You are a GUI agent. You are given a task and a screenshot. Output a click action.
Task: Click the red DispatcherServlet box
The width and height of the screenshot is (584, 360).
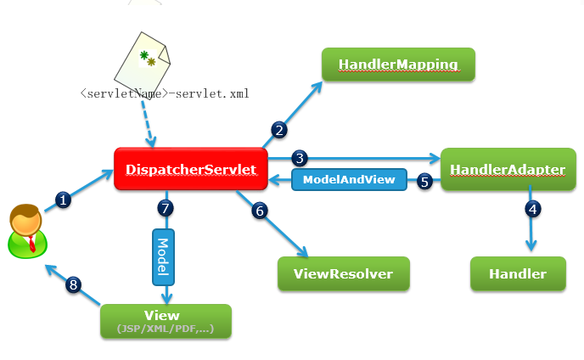(191, 169)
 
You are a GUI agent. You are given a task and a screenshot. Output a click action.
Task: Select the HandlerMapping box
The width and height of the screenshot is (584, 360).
(398, 64)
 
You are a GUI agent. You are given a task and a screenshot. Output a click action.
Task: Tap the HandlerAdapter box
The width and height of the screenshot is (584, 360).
(508, 169)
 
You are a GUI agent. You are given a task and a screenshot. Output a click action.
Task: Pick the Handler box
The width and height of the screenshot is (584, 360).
(518, 273)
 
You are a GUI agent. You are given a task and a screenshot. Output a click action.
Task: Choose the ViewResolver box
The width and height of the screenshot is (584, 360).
(344, 273)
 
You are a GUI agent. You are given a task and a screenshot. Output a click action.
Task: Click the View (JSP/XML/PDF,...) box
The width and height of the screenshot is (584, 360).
(166, 321)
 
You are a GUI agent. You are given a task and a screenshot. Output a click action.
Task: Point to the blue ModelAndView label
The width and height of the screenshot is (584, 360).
(349, 180)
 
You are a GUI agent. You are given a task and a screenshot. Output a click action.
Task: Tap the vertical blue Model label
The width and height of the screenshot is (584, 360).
(163, 257)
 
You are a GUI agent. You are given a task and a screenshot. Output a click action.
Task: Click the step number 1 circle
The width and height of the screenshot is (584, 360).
(63, 200)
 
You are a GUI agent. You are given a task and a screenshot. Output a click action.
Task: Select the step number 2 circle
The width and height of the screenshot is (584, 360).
(279, 130)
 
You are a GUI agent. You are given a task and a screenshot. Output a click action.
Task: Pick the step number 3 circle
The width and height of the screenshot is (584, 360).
(300, 158)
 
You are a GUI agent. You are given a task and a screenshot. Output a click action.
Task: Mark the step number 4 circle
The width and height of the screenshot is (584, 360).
(533, 209)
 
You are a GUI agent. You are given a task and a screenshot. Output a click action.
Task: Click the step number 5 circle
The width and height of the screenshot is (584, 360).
(424, 182)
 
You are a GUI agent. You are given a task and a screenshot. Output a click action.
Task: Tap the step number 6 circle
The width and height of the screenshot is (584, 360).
(260, 211)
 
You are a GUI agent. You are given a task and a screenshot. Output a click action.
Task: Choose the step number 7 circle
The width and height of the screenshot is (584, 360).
(166, 208)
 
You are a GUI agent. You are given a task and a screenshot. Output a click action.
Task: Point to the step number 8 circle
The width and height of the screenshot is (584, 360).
(73, 285)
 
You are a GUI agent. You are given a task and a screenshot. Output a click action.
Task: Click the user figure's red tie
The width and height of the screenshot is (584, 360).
(32, 244)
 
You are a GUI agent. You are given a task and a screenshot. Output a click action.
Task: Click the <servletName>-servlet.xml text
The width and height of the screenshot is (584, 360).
(165, 93)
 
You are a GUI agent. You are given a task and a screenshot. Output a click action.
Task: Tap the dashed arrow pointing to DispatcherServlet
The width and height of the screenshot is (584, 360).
(147, 123)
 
